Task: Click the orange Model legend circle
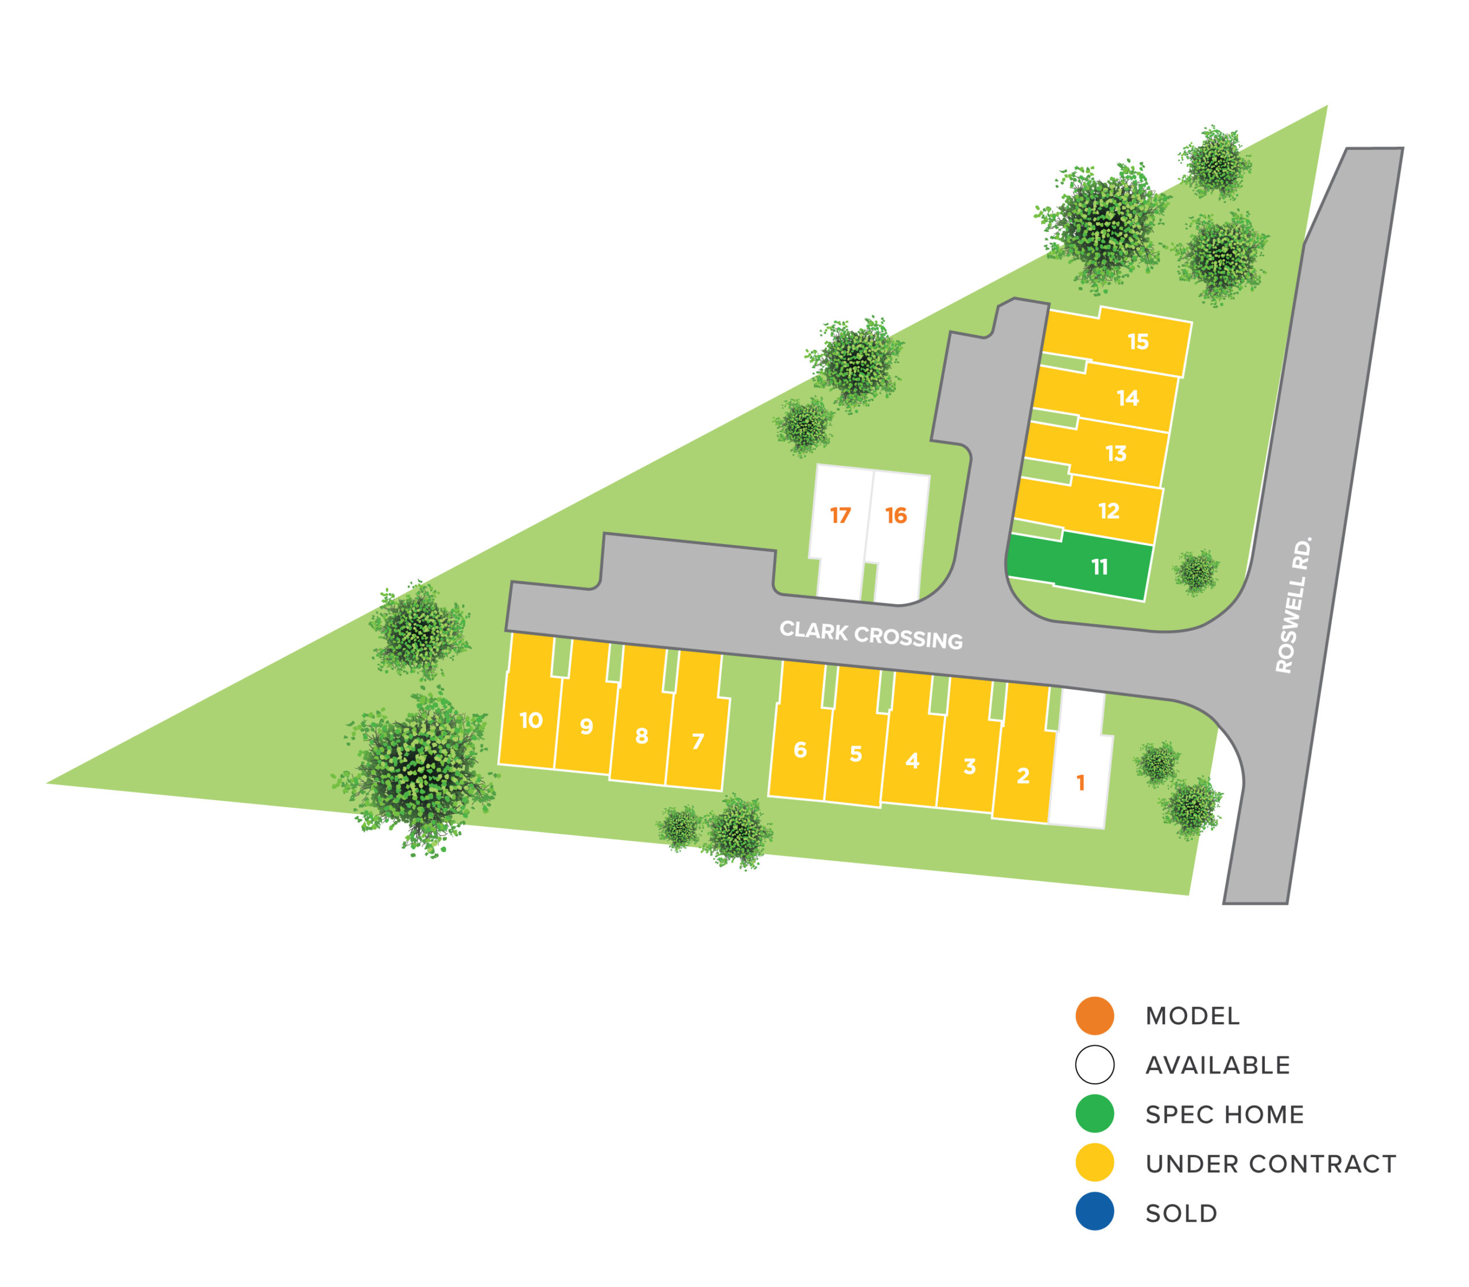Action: tap(1094, 1016)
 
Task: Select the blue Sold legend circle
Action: tap(1094, 1213)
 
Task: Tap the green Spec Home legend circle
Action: tap(1094, 1114)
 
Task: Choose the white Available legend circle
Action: tap(1094, 1064)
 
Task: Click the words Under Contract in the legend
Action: tap(1270, 1164)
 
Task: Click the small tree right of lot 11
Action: tap(1196, 571)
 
